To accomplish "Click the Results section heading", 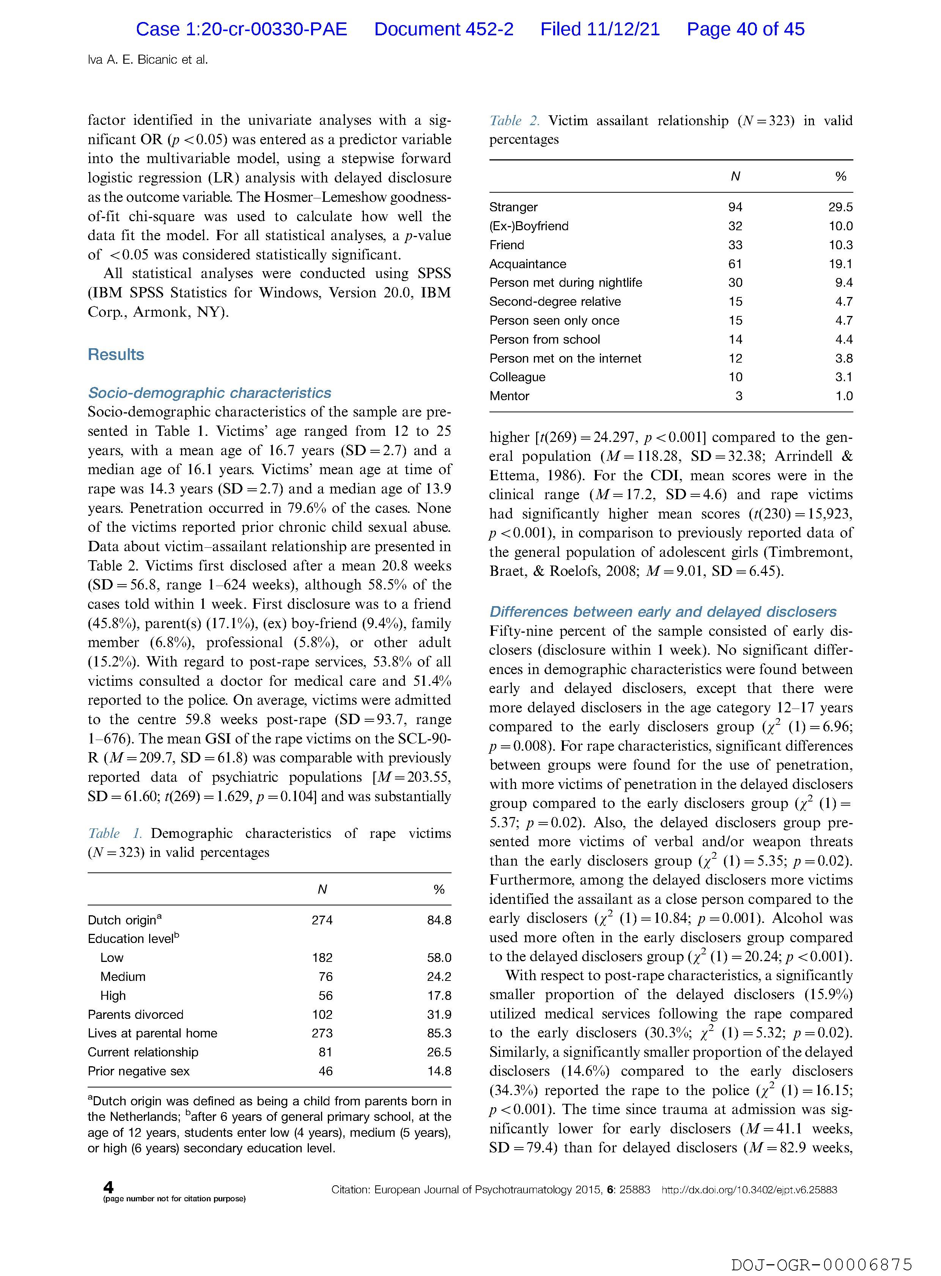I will pos(116,355).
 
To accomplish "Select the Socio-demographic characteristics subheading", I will pos(209,393).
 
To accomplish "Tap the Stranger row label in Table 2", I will pos(513,207).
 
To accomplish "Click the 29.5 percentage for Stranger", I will pos(840,207).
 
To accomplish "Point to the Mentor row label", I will pos(509,396).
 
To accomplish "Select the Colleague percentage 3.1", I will pos(843,377).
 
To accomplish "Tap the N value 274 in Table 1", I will pos(322,920).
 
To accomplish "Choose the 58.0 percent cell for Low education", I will pos(439,958).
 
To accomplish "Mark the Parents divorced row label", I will pos(135,1015).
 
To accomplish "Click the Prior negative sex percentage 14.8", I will pos(439,1071).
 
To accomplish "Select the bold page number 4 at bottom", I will pos(108,1187).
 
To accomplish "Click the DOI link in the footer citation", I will pos(749,1190).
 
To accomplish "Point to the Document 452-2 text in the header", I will pos(444,30).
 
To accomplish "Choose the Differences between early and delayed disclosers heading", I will pos(662,611).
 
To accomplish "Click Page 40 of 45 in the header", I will pos(745,30).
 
